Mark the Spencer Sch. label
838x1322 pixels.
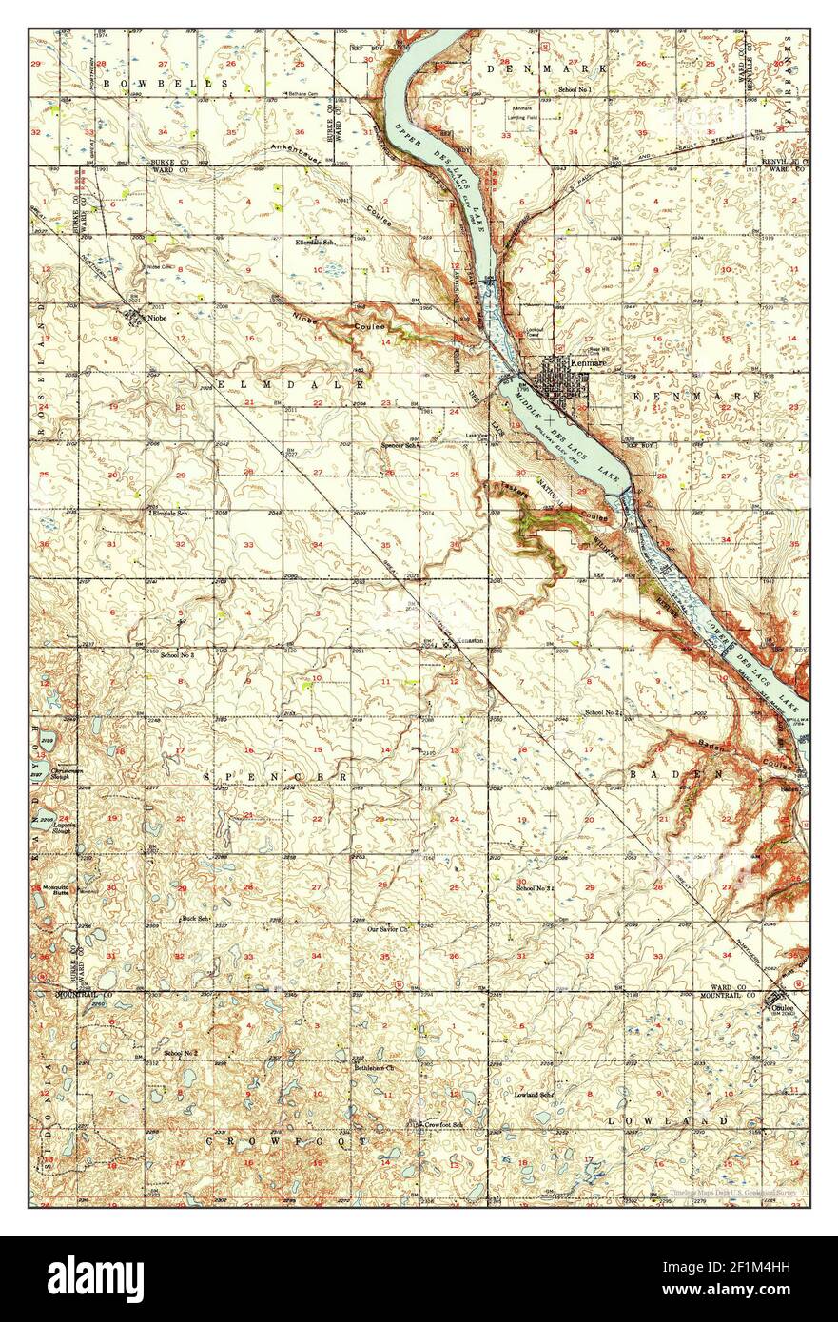click(x=400, y=444)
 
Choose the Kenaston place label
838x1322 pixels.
click(x=470, y=640)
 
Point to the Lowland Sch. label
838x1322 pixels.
click(x=534, y=1095)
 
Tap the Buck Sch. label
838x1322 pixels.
click(x=195, y=919)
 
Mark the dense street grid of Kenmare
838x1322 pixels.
click(x=557, y=380)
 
